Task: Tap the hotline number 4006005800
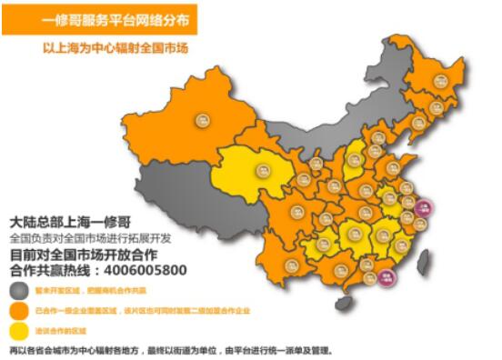[x=143, y=271]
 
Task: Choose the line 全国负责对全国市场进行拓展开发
[x=95, y=238]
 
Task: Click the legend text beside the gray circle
[x=90, y=291]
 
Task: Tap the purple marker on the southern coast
[x=388, y=272]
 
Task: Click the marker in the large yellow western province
[x=263, y=169]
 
